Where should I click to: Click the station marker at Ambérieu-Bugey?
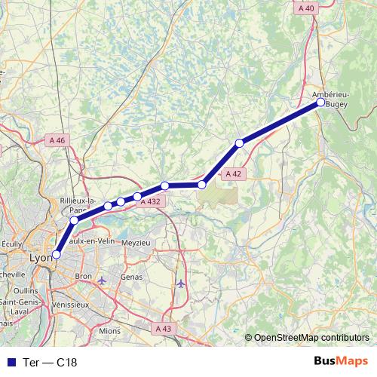[x=320, y=103]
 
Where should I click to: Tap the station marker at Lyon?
[x=56, y=255]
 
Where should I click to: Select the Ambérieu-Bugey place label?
[x=330, y=99]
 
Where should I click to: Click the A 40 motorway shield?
[x=305, y=8]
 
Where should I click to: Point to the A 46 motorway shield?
[x=57, y=140]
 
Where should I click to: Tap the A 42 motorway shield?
[x=233, y=173]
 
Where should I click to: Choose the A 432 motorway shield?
[x=151, y=201]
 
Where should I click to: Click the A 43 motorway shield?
[x=163, y=329]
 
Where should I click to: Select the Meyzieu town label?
[x=136, y=243]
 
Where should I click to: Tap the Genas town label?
[x=131, y=277]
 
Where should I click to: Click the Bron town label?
[x=83, y=277]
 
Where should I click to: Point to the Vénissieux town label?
[x=70, y=304]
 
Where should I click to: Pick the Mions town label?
[x=109, y=330]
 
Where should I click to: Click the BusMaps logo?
[x=340, y=362]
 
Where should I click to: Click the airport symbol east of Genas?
[x=181, y=284]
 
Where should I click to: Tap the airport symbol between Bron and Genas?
[x=103, y=280]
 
